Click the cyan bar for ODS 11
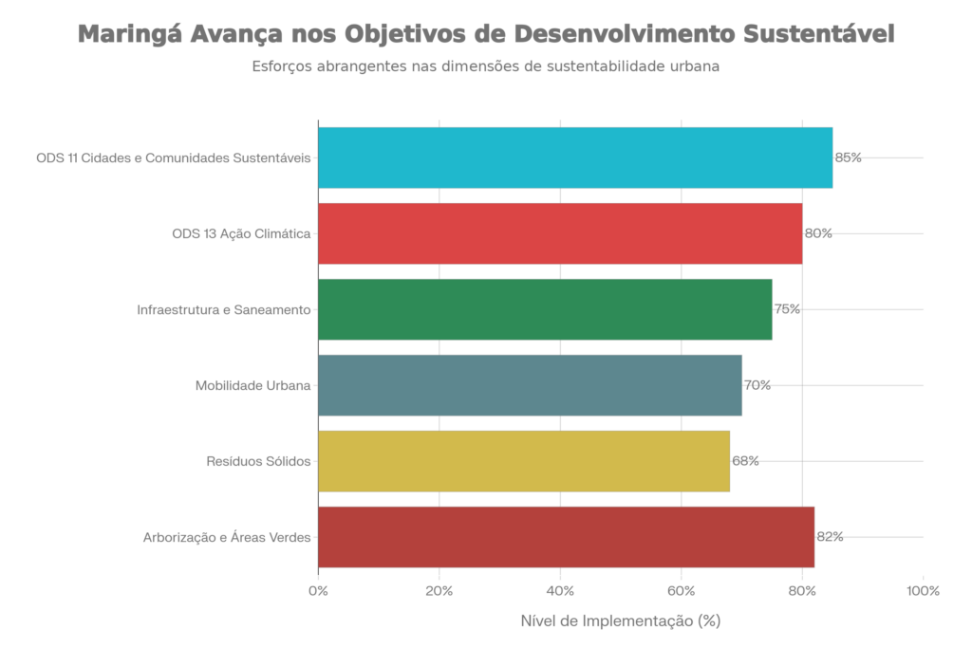point(575,157)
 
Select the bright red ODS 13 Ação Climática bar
point(560,233)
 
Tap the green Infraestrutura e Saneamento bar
point(546,309)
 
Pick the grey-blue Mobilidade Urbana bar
point(531,385)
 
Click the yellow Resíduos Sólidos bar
point(524,461)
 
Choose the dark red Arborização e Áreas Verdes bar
point(567,537)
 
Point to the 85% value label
point(848,157)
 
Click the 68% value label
point(745,461)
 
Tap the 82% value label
point(830,537)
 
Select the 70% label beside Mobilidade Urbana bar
point(757,385)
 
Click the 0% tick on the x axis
point(319,591)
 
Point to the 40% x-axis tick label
point(560,591)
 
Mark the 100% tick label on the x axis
point(923,591)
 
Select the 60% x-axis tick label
point(682,591)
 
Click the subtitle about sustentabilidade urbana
point(485,67)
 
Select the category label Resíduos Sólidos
point(258,462)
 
